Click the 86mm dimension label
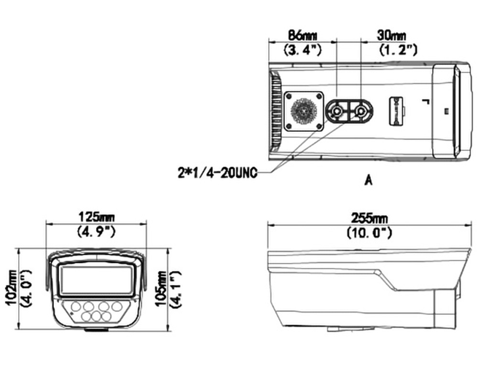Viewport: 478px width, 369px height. (x=302, y=35)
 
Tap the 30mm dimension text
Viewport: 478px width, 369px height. (x=391, y=35)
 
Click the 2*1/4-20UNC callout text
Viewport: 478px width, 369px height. (x=217, y=173)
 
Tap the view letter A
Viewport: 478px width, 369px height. (x=369, y=181)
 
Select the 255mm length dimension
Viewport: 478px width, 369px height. (x=369, y=218)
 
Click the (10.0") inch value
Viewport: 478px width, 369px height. (x=369, y=233)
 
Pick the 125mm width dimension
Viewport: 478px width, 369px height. (x=97, y=217)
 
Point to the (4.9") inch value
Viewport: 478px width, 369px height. (x=97, y=232)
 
